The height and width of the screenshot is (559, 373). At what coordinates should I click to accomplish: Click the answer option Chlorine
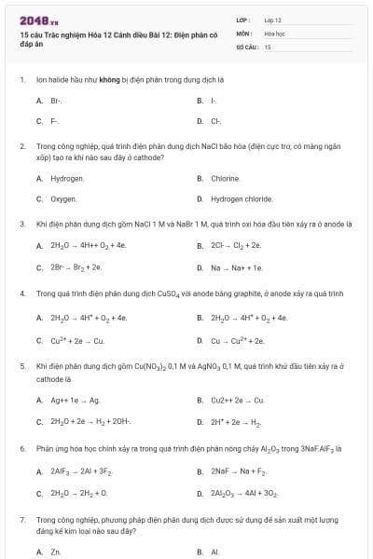coord(226,177)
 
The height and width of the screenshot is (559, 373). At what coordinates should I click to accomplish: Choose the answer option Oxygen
coord(63,198)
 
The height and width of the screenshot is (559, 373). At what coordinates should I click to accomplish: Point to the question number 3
coord(21,225)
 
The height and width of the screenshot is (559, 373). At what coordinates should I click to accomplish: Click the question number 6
coord(21,448)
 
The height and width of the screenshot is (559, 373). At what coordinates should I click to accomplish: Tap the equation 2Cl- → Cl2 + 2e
coord(236,246)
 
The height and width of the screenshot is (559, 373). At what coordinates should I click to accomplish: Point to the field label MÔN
coord(244,33)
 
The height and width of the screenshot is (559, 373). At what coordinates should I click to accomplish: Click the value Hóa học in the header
coord(275,33)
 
